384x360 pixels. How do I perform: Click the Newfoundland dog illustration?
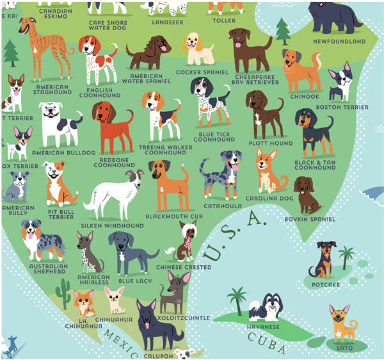point(334,18)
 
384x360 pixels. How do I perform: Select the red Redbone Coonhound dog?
point(113,125)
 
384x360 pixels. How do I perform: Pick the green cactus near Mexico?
point(63,293)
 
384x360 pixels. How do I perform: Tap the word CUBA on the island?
point(268,339)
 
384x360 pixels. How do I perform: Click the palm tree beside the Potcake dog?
point(346,257)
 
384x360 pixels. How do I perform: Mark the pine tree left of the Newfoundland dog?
point(282,30)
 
